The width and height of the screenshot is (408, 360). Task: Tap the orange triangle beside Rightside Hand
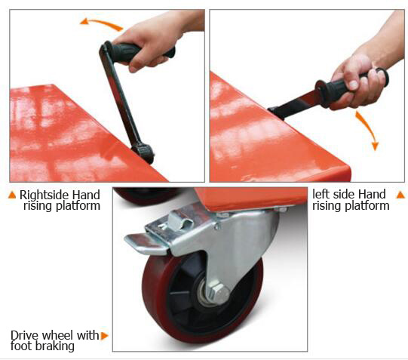12,195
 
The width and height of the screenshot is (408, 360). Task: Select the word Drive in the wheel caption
24,335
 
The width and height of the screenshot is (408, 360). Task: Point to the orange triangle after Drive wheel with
104,336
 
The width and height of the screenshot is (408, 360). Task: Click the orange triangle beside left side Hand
400,195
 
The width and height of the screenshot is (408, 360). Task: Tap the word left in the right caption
320,194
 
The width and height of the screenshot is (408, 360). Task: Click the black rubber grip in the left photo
140,52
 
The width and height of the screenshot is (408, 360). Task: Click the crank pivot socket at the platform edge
143,152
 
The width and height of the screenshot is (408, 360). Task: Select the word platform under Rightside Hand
78,206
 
